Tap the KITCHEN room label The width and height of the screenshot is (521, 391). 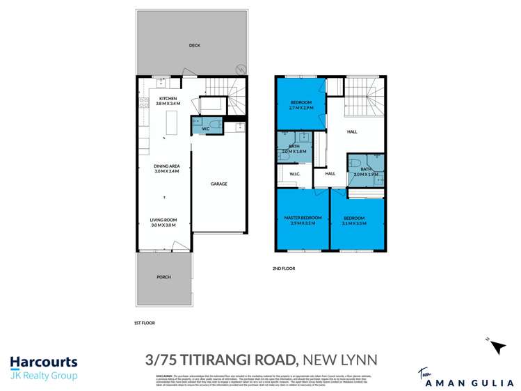pyautogui.click(x=168, y=98)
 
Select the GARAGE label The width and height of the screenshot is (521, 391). pyautogui.click(x=219, y=184)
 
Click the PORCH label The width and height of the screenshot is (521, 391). pyautogui.click(x=163, y=277)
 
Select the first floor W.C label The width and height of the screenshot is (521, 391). pyautogui.click(x=206, y=128)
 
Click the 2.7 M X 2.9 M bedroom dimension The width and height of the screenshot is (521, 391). pyautogui.click(x=302, y=109)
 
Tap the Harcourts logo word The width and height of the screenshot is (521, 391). pyautogui.click(x=44, y=362)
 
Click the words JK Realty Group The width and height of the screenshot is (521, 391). pyautogui.click(x=43, y=376)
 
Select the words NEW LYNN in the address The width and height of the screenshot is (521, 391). pyautogui.click(x=339, y=360)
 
